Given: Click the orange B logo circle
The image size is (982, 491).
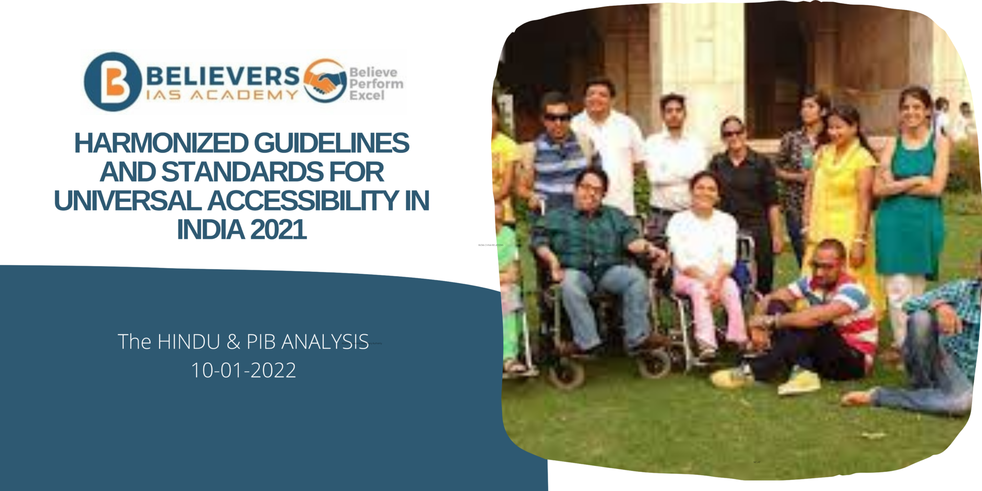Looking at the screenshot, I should [x=113, y=82].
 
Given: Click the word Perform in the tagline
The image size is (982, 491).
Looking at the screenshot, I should [x=376, y=84].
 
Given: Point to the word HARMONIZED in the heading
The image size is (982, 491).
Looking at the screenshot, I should [x=161, y=143].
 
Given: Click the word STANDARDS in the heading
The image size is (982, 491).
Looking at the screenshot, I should [x=242, y=172].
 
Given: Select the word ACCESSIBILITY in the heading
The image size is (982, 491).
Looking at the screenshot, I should [x=303, y=201].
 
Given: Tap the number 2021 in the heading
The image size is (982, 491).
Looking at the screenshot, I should [x=278, y=230].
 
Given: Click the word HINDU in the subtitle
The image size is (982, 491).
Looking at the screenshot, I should [x=189, y=342].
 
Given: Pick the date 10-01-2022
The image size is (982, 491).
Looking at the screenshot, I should [x=244, y=370].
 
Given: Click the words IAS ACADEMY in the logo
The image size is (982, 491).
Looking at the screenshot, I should [x=222, y=95].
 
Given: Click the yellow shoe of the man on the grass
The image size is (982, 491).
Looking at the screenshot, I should [x=798, y=383].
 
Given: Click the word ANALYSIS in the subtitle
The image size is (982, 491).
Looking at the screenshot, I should [x=325, y=342].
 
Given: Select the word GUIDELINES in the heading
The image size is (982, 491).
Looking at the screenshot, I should [x=331, y=143].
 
